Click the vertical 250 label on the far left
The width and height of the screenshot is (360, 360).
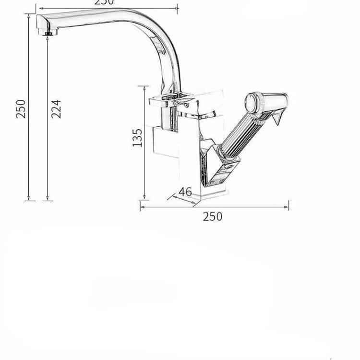tap(21, 109)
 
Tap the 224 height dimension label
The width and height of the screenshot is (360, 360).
tap(56, 109)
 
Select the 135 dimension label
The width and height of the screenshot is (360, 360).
tap(138, 137)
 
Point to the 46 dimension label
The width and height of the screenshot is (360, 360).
tap(185, 192)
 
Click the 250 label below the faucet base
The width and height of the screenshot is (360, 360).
tap(212, 216)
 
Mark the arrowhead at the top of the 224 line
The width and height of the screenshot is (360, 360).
tap(47, 37)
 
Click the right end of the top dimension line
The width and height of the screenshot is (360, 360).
tap(177, 8)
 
